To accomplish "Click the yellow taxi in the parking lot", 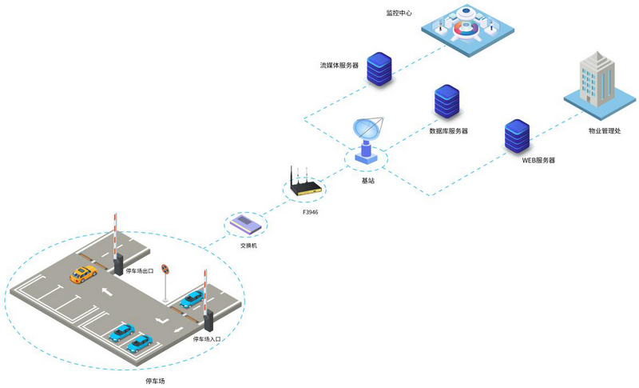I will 81,274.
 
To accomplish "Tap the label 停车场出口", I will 141,271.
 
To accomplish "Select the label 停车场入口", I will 207,339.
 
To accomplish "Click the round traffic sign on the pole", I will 165,270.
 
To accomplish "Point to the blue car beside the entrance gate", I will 192,299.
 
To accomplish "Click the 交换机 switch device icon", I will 244,225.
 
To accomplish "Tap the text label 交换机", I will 248,246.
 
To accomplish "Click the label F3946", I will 310,212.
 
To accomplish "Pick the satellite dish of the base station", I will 367,132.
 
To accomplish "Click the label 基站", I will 368,181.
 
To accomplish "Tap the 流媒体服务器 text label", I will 339,65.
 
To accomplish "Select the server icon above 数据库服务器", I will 447,102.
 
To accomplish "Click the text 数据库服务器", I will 449,130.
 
